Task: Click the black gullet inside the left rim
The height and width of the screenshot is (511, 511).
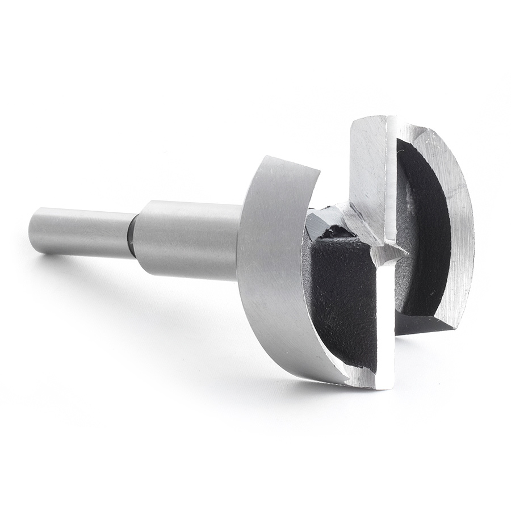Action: (341, 295)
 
